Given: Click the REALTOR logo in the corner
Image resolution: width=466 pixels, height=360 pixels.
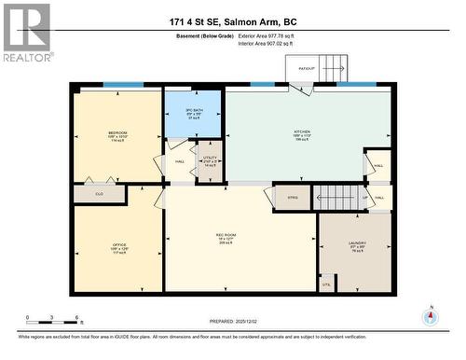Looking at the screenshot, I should [x=26, y=33].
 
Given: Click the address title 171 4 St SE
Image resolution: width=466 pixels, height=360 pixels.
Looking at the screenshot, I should [x=232, y=21].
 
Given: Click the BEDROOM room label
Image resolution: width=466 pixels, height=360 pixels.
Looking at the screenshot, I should [x=117, y=134].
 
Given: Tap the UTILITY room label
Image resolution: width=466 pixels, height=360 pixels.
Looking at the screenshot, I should [x=209, y=159].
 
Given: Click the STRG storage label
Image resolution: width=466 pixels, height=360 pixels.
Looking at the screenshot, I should [x=292, y=198].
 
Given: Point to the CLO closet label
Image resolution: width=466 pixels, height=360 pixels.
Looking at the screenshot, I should [x=98, y=194].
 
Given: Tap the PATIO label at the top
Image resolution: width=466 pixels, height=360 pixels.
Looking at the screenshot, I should [x=305, y=68].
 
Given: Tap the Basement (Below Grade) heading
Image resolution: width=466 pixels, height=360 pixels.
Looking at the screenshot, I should [x=205, y=35].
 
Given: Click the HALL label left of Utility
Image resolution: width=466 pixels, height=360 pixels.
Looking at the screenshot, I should [x=179, y=161].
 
